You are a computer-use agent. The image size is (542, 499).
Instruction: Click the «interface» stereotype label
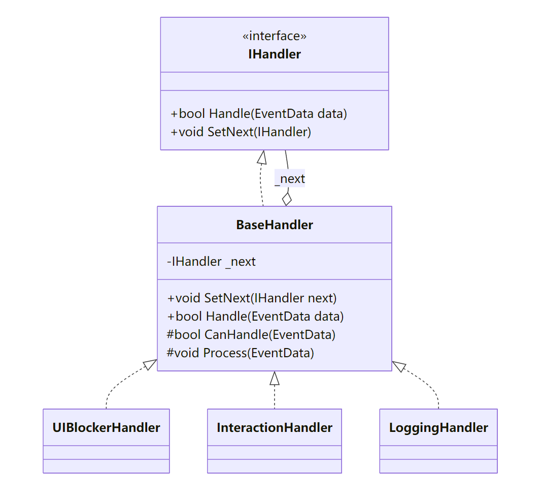(x=274, y=36)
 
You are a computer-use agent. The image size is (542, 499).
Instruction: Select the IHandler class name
(x=274, y=54)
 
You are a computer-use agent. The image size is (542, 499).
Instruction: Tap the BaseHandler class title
(x=274, y=225)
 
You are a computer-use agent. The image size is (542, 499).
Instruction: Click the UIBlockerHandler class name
(x=106, y=427)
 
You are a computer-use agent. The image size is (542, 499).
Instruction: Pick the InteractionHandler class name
(x=274, y=427)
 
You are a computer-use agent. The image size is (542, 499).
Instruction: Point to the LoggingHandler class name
(x=438, y=427)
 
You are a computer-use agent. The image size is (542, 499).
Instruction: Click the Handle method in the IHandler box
(x=259, y=113)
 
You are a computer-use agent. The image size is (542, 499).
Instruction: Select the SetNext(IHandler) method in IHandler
(x=241, y=132)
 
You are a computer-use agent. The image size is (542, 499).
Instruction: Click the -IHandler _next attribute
(x=211, y=262)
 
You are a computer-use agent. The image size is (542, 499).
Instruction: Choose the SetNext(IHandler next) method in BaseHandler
(x=252, y=298)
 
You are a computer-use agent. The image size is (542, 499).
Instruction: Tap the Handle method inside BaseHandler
(x=255, y=316)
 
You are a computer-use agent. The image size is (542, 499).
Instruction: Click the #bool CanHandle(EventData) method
(x=251, y=334)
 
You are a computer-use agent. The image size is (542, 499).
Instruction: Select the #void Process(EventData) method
(x=240, y=353)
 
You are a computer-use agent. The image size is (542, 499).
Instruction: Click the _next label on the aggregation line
(x=290, y=179)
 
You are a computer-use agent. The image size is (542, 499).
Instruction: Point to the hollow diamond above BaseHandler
(x=287, y=199)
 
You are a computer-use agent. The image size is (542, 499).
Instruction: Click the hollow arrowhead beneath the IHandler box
(x=262, y=157)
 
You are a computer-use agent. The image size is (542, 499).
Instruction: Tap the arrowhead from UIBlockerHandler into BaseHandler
(x=150, y=364)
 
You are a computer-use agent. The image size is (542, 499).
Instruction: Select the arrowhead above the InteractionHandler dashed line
(x=275, y=378)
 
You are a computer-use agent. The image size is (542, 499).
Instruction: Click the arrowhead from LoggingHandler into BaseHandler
(x=399, y=365)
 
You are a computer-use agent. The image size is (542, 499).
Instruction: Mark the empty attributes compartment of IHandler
(x=274, y=81)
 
